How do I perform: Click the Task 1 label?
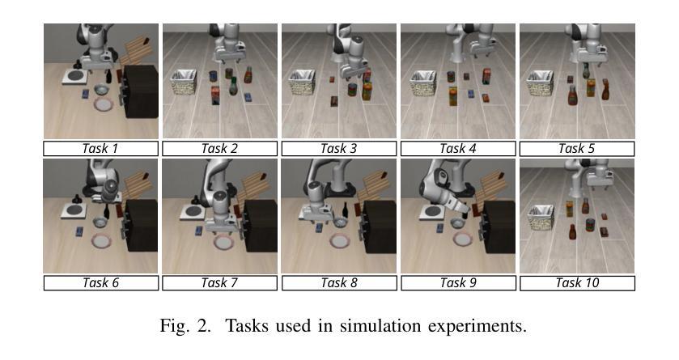point(100,148)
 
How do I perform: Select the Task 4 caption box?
point(458,148)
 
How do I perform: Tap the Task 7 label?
point(219,283)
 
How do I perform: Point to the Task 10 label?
point(577,283)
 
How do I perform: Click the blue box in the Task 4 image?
point(486,99)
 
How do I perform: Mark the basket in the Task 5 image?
point(541,82)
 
